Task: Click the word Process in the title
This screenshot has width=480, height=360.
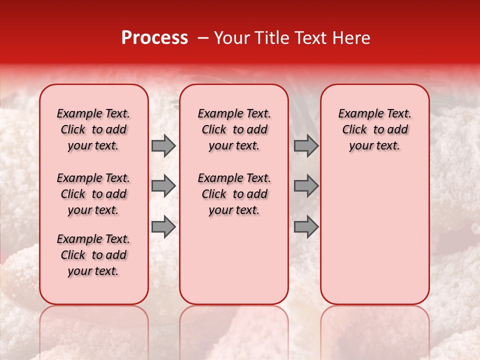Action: [154, 38]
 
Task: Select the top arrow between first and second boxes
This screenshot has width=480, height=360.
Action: [163, 145]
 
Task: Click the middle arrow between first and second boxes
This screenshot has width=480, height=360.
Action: [163, 186]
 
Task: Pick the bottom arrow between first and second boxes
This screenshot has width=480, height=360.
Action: [163, 227]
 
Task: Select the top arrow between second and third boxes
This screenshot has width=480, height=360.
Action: [306, 145]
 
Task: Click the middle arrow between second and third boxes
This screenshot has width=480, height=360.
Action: [306, 186]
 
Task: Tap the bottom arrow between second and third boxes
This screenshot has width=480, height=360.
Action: [306, 227]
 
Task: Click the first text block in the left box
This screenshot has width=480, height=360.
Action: [93, 129]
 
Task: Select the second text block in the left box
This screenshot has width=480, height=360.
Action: [93, 194]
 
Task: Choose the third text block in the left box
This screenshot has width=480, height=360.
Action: [93, 255]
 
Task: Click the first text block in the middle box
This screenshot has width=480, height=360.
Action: [234, 129]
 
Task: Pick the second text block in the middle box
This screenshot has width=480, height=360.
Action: [234, 194]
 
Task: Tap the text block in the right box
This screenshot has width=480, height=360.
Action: [374, 129]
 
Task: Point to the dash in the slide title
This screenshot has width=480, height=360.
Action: [202, 38]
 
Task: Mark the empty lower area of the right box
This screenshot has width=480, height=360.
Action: [374, 235]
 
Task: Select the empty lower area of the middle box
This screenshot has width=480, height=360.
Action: [234, 260]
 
